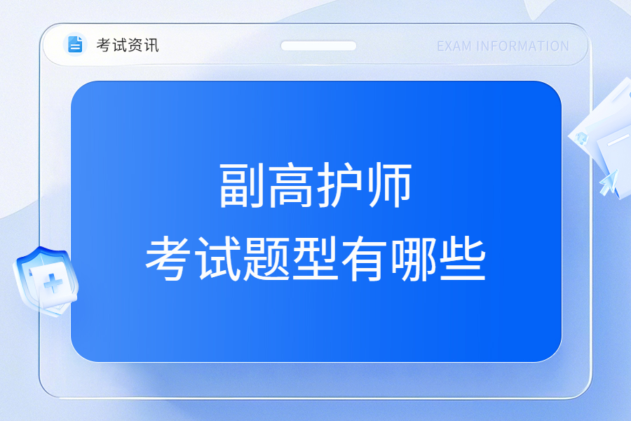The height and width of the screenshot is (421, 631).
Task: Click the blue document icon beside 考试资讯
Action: [x=75, y=44]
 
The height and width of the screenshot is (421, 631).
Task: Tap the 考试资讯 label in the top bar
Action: [x=128, y=45]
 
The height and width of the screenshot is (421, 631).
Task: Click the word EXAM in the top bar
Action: [x=454, y=46]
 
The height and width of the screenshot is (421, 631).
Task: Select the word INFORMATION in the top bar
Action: [x=522, y=46]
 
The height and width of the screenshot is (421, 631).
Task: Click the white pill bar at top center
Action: [x=318, y=46]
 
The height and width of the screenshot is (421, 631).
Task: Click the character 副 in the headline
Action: [x=242, y=186]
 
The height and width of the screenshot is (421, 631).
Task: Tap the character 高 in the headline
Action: [x=291, y=186]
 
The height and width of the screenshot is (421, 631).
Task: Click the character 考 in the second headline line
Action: [x=168, y=258]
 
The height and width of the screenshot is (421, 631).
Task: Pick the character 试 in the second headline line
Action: [x=217, y=258]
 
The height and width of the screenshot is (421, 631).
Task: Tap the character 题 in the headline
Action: [x=266, y=258]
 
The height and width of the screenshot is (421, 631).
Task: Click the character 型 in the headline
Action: [x=315, y=258]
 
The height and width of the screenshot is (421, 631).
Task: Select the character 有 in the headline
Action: [x=365, y=258]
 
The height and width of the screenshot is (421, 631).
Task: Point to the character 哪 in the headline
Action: [x=414, y=258]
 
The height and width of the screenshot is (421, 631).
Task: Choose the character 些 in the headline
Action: [x=463, y=258]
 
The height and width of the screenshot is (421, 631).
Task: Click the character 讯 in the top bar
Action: [x=151, y=45]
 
